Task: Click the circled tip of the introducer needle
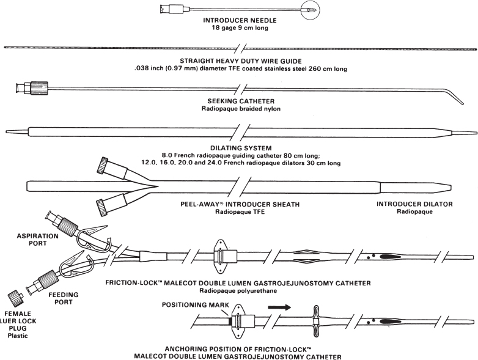coord(311,9)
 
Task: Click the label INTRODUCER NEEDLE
coord(240,20)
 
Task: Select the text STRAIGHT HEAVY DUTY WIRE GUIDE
coord(240,61)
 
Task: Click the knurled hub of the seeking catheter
coord(39,88)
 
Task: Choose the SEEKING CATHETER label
coord(241,101)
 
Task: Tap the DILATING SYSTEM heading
coord(241,149)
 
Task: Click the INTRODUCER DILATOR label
coord(414,204)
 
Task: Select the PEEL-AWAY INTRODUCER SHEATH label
coord(240,204)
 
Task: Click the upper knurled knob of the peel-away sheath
coord(103,165)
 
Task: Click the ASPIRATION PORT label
coord(37,240)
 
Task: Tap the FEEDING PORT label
coord(64,298)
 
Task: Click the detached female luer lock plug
coord(16,296)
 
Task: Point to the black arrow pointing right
coord(279,307)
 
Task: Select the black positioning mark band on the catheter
coord(230,321)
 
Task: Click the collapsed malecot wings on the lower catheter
coord(315,321)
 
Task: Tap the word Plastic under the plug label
coord(18,336)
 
